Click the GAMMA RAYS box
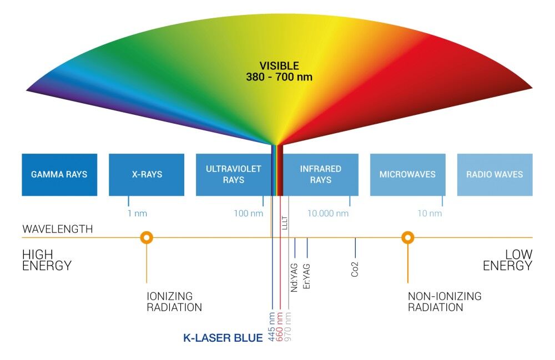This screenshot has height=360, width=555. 59,174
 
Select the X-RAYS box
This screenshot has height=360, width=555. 147,174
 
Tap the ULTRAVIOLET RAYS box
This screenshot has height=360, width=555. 233,174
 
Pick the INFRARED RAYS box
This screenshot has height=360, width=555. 320,174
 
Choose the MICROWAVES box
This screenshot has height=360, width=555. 407,174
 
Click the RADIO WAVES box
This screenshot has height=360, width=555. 495,174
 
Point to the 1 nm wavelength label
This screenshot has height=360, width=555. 137,214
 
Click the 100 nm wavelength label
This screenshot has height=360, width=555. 248,214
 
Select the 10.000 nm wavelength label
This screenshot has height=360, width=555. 329,214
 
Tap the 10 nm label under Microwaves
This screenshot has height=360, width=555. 430,214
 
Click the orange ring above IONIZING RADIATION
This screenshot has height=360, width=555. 146,238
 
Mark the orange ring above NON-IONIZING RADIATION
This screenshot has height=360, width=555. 408,238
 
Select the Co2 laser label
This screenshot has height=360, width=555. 355,268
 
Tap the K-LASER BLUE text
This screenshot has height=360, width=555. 223,337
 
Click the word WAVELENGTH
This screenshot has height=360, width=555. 58,229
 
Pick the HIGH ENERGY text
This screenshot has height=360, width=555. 47,260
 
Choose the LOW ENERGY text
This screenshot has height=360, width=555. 507,260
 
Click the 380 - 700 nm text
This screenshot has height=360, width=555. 279,77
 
